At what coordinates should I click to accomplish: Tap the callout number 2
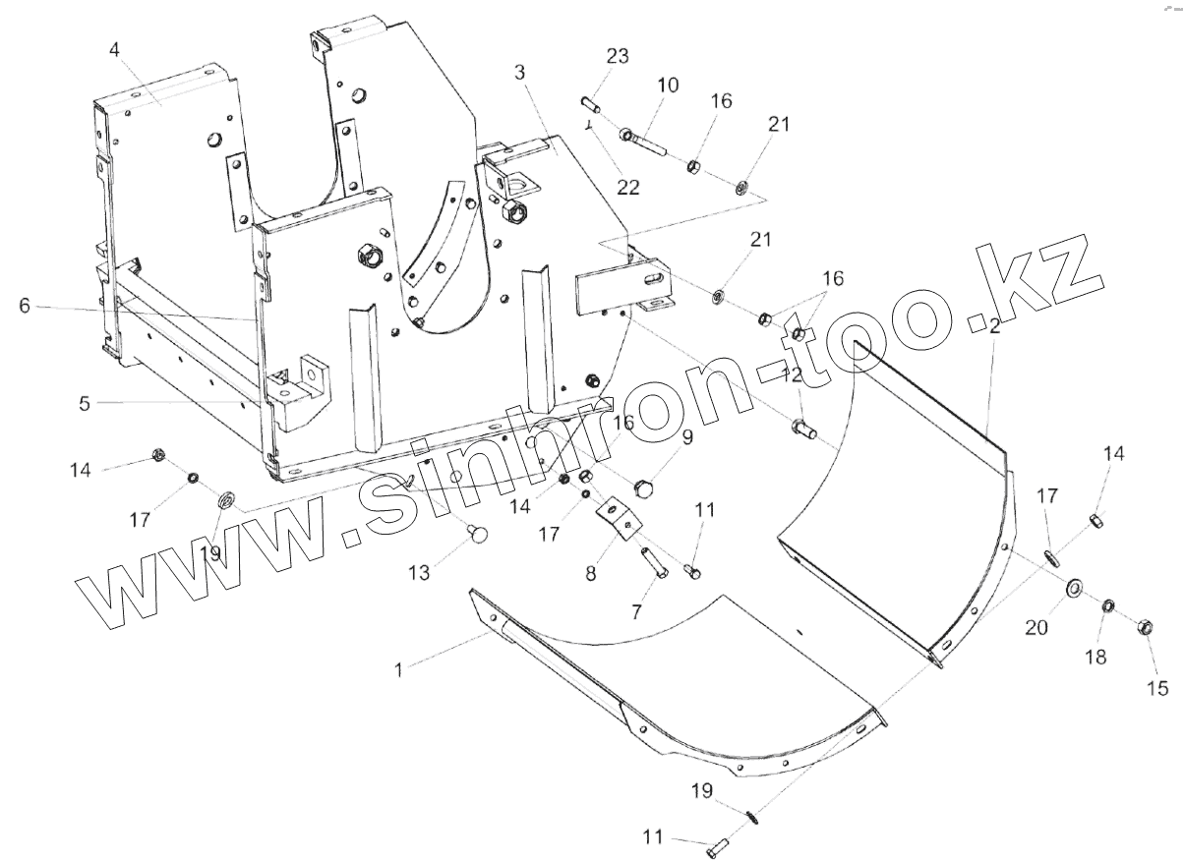click(x=994, y=328)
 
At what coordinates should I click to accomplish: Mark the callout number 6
click(x=25, y=306)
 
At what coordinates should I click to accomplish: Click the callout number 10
click(x=668, y=86)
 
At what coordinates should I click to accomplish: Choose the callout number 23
click(x=617, y=56)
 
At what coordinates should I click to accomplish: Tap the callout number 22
click(x=627, y=187)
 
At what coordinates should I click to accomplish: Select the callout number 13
click(x=420, y=573)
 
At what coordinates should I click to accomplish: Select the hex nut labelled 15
click(x=1146, y=626)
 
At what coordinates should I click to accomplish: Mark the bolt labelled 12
click(x=799, y=429)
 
